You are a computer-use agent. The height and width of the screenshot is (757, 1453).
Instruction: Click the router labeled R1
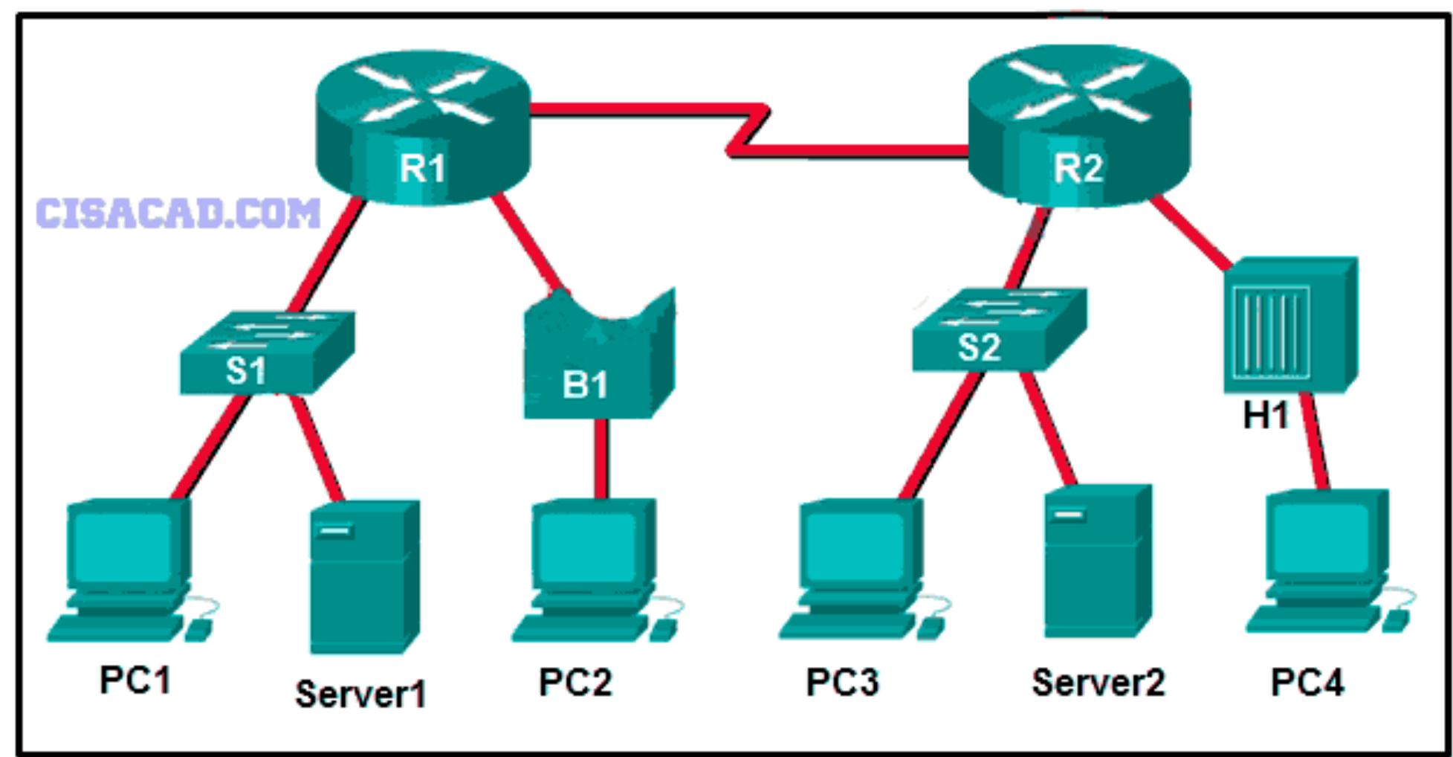pos(422,126)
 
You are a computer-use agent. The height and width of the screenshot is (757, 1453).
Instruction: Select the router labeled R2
pos(1078,126)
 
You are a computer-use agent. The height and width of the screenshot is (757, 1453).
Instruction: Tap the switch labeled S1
pos(266,353)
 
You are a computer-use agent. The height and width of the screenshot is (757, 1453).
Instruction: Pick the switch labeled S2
pos(997,331)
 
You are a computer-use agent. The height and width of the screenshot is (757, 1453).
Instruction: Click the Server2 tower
pos(1096,561)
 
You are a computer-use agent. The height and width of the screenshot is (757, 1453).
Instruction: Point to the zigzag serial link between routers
pos(747,132)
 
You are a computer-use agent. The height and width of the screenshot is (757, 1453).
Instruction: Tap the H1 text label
pos(1265,416)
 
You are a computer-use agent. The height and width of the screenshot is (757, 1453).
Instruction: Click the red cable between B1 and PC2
pos(601,457)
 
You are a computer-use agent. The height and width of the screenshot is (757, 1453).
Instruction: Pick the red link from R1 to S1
pos(327,257)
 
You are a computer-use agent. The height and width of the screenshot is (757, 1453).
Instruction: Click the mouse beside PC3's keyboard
pos(929,628)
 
